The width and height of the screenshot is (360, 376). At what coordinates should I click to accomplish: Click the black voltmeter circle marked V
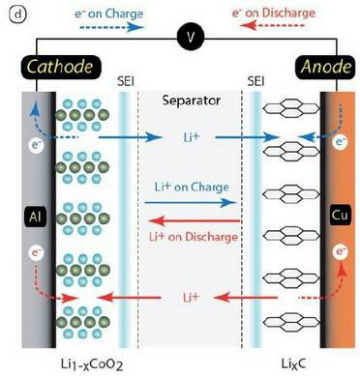pyautogui.click(x=191, y=38)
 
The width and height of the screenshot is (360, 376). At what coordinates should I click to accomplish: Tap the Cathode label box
pyautogui.click(x=60, y=67)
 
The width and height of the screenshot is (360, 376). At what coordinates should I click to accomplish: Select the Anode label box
pyautogui.click(x=325, y=67)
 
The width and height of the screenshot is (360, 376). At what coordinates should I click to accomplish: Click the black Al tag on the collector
pyautogui.click(x=35, y=217)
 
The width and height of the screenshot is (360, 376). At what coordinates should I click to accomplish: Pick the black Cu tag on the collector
pyautogui.click(x=340, y=215)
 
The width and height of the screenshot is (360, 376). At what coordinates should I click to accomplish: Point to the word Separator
pyautogui.click(x=192, y=101)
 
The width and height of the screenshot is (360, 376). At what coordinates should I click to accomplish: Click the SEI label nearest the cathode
pyautogui.click(x=125, y=81)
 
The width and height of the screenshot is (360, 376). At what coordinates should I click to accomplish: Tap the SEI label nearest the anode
pyautogui.click(x=255, y=81)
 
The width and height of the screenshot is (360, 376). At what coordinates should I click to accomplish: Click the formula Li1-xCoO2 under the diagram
pyautogui.click(x=92, y=364)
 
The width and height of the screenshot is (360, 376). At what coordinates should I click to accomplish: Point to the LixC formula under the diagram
pyautogui.click(x=293, y=363)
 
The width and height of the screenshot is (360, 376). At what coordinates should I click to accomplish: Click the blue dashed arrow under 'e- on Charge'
pyautogui.click(x=111, y=27)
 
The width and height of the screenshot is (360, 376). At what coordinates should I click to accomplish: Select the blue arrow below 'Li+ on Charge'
pyautogui.click(x=191, y=203)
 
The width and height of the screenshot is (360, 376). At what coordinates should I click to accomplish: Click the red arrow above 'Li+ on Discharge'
pyautogui.click(x=195, y=221)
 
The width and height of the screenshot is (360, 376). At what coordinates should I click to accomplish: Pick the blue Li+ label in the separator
pyautogui.click(x=192, y=137)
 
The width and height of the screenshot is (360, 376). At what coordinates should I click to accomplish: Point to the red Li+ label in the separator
pyautogui.click(x=191, y=297)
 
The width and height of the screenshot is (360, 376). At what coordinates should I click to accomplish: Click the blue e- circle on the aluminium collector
pyautogui.click(x=36, y=145)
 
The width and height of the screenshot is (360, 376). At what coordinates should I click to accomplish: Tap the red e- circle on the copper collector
pyautogui.click(x=341, y=251)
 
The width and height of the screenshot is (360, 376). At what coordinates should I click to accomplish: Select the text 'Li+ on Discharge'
pyautogui.click(x=194, y=237)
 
